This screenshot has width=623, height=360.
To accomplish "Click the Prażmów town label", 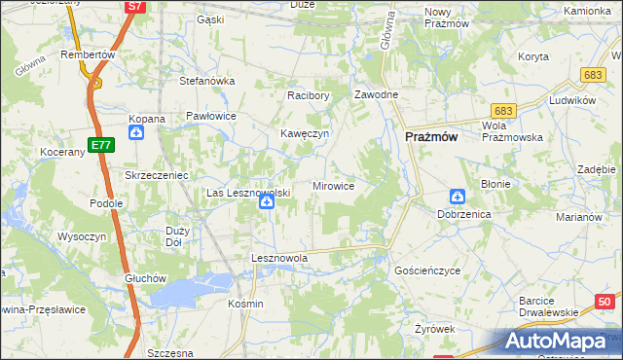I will (430, 138).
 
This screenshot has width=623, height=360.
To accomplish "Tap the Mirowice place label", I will (333, 185).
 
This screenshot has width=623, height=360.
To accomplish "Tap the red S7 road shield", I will (134, 7).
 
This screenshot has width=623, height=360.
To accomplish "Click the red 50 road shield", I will (605, 302).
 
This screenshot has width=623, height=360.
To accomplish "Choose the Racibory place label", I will (309, 96).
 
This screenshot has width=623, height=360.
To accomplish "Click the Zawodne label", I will (376, 95).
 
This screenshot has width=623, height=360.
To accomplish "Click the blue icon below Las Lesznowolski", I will (265, 204).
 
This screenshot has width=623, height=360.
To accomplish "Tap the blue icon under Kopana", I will (136, 133).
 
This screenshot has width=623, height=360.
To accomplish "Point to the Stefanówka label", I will (207, 81).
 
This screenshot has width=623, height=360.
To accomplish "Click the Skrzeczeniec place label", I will (156, 174).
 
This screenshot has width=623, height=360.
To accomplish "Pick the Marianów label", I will (579, 217).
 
